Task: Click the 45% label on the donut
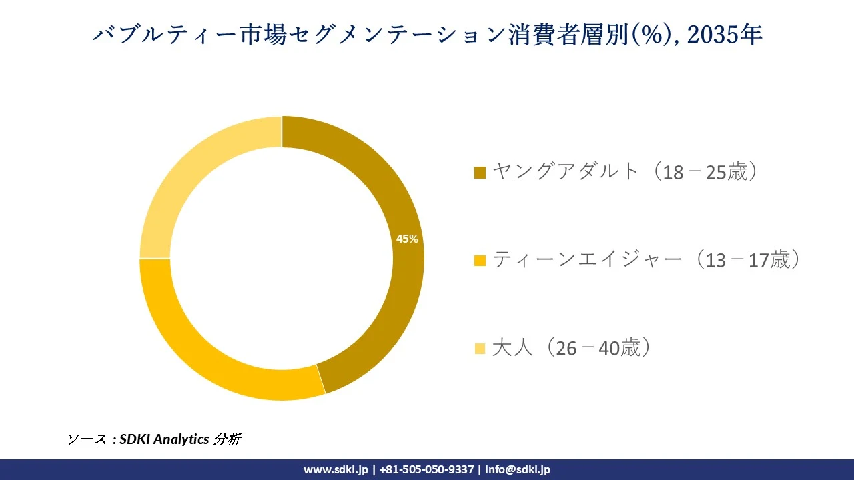click(x=407, y=239)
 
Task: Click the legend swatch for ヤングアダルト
click(x=480, y=173)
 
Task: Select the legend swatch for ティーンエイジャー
click(x=480, y=261)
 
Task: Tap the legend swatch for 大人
click(x=480, y=349)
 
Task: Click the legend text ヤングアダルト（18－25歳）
click(x=626, y=172)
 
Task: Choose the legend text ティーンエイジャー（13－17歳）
click(x=646, y=260)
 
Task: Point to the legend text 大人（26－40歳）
click(x=571, y=348)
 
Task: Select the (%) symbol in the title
click(x=653, y=35)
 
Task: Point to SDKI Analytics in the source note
click(x=164, y=439)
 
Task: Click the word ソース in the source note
click(x=87, y=439)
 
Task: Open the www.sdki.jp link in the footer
click(x=336, y=469)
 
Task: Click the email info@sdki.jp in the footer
click(x=518, y=469)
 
